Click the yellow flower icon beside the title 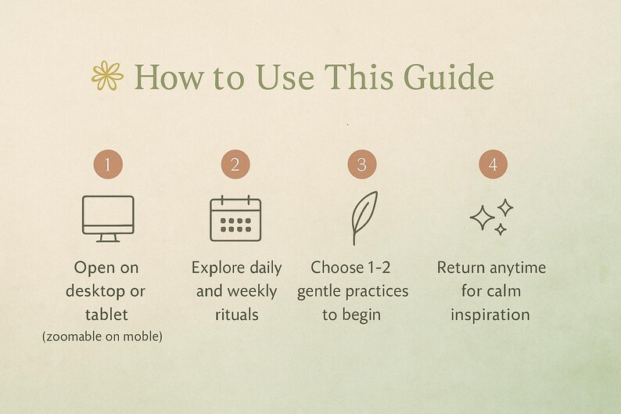pos(107,75)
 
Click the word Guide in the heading pos(449,77)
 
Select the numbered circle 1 pos(108,164)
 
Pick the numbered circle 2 pos(235,164)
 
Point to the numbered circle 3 pos(362,164)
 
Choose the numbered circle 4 pos(493,164)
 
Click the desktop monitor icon pos(108,218)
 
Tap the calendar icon pos(235,218)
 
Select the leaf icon pos(362,217)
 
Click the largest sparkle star pos(482,218)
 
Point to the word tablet pos(106,315)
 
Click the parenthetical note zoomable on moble pos(102,337)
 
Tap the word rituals pos(237,315)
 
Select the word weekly pos(252,292)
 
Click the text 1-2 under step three pos(379,268)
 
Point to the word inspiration pos(490,315)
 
